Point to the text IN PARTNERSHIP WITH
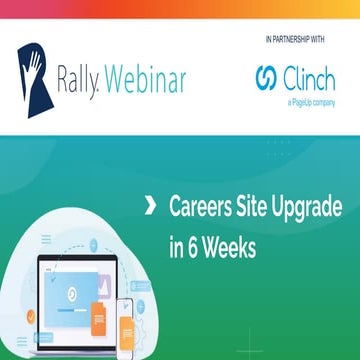(x=297, y=38)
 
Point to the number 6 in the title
(x=192, y=244)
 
